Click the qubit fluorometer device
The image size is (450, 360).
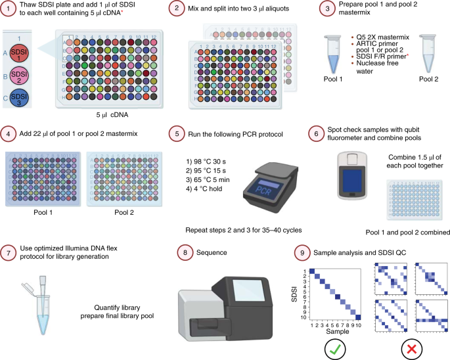pyautogui.click(x=348, y=176)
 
